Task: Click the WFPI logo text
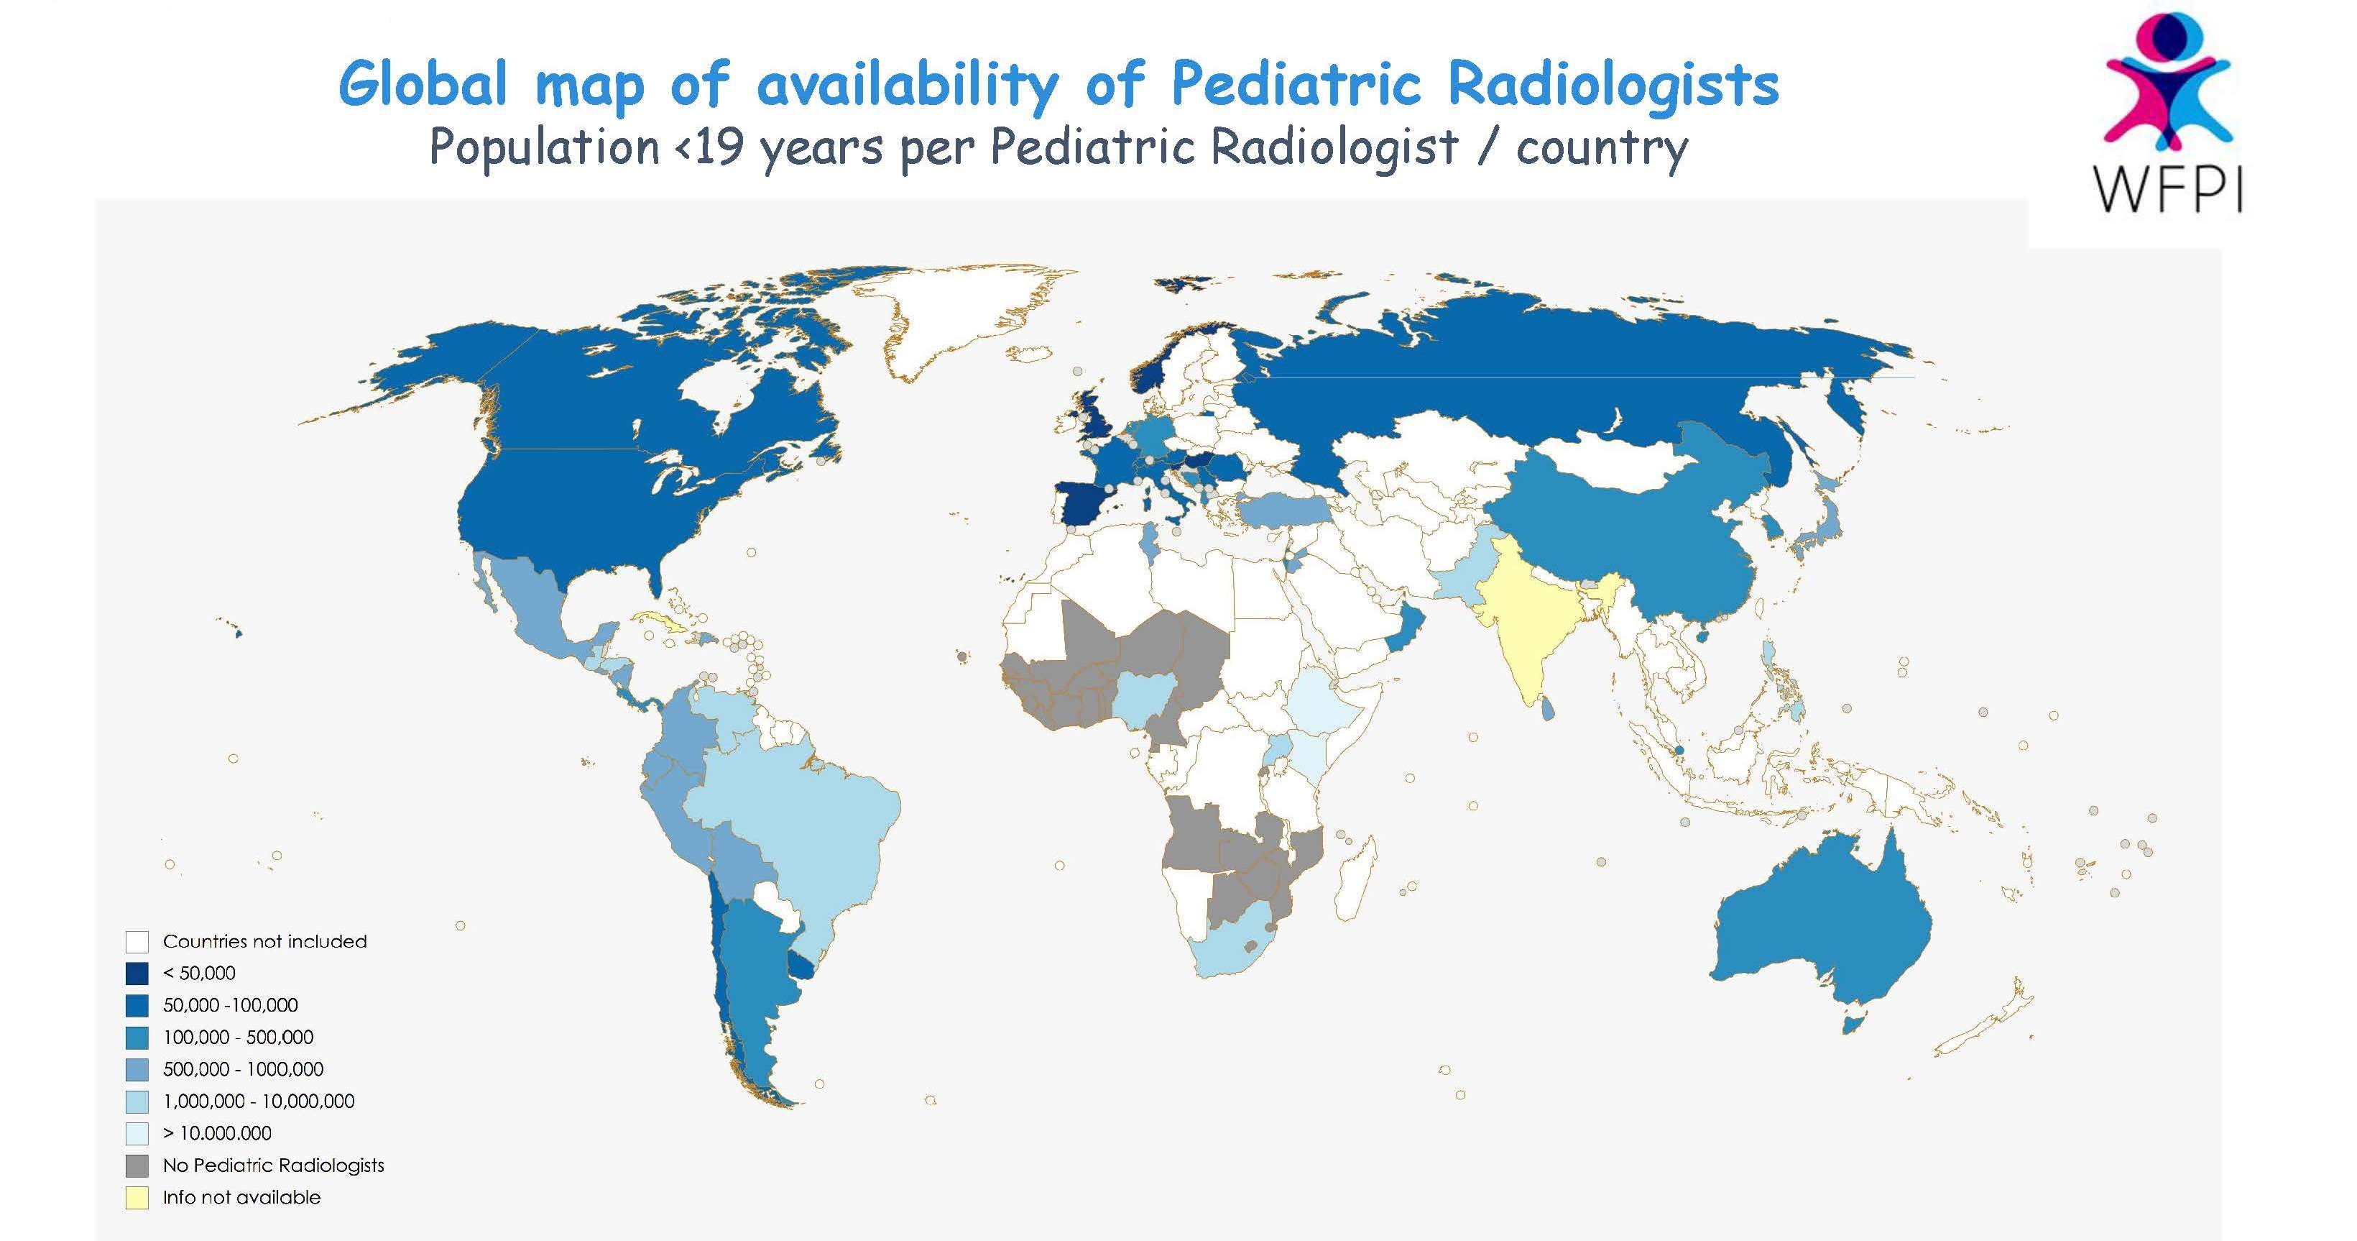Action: pyautogui.click(x=2167, y=191)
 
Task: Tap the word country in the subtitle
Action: pyautogui.click(x=1600, y=147)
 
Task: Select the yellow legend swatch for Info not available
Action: pyautogui.click(x=137, y=1198)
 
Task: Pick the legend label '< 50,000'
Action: pyautogui.click(x=200, y=973)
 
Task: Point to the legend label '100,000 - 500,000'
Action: pyautogui.click(x=238, y=1037)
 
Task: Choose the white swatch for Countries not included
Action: pyautogui.click(x=137, y=942)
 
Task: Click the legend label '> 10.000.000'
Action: pyautogui.click(x=217, y=1133)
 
